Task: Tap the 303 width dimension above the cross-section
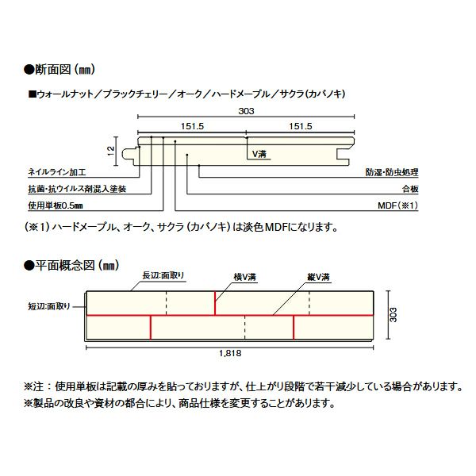[x=246, y=111]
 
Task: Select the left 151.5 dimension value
[x=192, y=126]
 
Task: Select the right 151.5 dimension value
[x=300, y=126]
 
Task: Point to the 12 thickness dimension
[x=110, y=152]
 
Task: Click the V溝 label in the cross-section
[x=259, y=154]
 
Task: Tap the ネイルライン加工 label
[x=57, y=172]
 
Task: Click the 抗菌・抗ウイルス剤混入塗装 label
[x=77, y=189]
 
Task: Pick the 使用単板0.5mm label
[x=56, y=205]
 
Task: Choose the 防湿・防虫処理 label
[x=392, y=172]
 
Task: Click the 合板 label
[x=410, y=189]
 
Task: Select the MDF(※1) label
[x=398, y=205]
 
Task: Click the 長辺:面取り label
[x=163, y=275]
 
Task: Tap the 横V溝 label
[x=245, y=277]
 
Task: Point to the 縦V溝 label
[x=318, y=277]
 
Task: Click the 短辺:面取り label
[x=49, y=306]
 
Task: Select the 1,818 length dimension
[x=230, y=353]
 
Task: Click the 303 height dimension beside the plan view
[x=393, y=315]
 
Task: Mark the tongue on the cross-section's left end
[x=128, y=154]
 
